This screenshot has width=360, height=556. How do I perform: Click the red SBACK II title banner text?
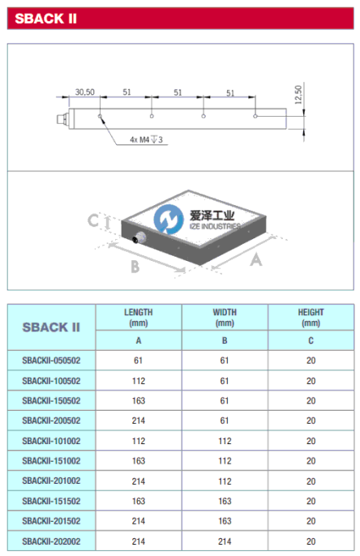45,19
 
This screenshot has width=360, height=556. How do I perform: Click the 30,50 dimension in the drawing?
85,92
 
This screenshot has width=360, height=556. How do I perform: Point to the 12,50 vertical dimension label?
298,95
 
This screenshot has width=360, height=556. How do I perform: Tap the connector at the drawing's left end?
62,118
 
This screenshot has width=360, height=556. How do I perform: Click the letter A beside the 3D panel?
256,260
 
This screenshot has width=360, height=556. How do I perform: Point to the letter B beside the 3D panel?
135,267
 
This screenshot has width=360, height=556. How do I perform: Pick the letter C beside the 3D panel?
93,220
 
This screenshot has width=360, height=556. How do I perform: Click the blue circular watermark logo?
169,219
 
